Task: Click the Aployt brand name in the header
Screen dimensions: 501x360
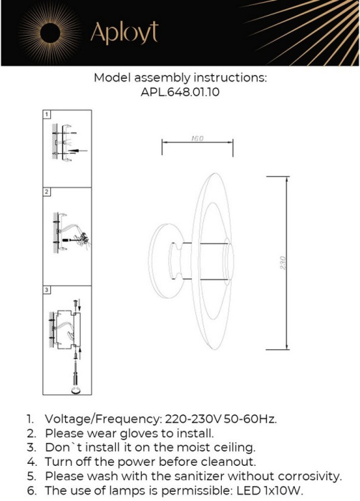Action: click(123, 32)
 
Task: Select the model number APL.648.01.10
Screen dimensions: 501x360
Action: click(180, 92)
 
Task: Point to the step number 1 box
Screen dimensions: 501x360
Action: click(47, 115)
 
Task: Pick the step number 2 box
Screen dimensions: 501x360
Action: click(47, 193)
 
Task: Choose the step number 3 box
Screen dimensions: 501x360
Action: click(47, 290)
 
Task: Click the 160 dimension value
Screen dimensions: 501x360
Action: click(198, 138)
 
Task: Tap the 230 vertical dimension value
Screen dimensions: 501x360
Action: click(283, 261)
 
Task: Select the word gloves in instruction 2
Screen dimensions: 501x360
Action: click(138, 433)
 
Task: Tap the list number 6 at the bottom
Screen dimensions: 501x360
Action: click(30, 490)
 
